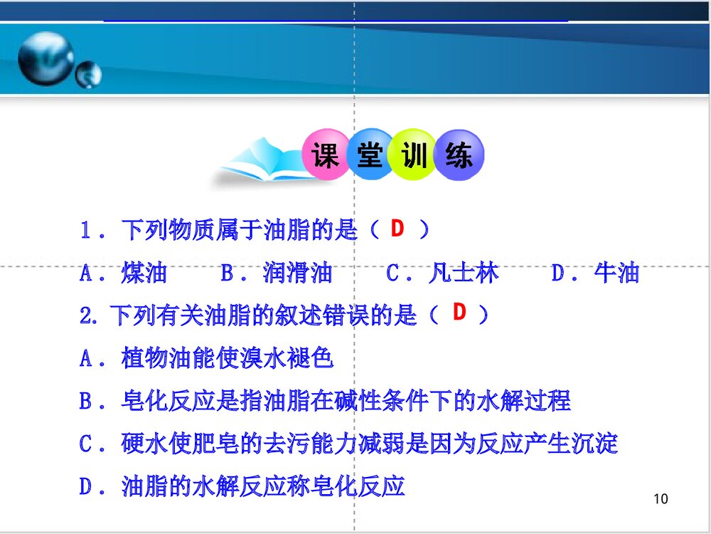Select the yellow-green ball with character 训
[415, 155]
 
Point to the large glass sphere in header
[44, 58]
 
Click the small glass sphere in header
[89, 73]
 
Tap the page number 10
[660, 498]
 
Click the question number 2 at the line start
[87, 315]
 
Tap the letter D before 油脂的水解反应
[86, 487]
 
